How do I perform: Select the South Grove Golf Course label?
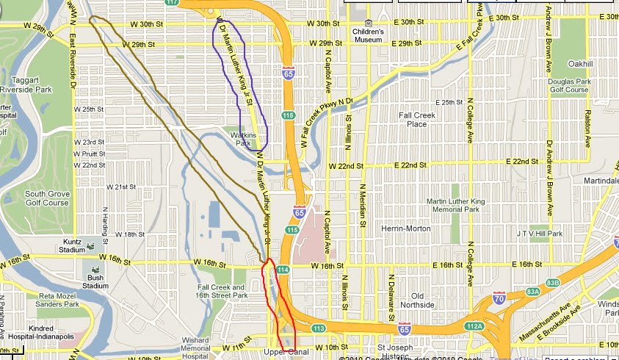[46, 198]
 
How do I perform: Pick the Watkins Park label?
[242, 139]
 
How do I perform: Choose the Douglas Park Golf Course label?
[568, 85]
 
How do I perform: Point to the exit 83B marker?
[551, 282]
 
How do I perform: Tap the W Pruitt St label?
[90, 154]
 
